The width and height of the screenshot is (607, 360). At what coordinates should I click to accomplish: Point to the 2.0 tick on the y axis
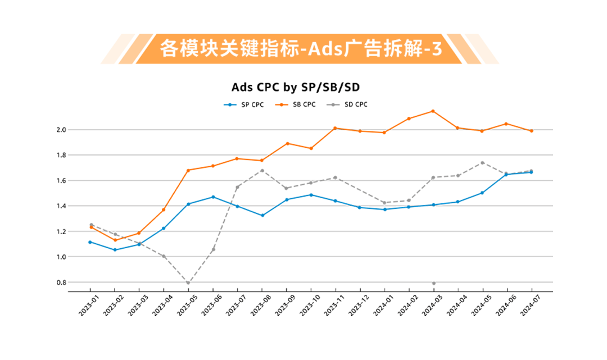(61, 130)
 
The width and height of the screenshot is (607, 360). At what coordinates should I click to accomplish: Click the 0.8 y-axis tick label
(61, 282)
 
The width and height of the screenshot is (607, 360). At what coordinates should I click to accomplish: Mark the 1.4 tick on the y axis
(61, 206)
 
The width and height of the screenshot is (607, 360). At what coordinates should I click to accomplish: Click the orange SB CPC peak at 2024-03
(433, 111)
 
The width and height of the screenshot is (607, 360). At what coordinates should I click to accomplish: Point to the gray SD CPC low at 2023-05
(188, 283)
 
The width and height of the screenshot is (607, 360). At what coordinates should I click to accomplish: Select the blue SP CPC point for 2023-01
(90, 242)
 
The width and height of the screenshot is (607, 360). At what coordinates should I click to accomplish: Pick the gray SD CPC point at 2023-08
(262, 171)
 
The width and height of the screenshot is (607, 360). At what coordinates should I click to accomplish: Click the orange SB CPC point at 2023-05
(188, 170)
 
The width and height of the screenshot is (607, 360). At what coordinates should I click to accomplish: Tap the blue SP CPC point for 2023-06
(213, 197)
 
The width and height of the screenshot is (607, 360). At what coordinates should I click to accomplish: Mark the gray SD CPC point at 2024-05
(482, 163)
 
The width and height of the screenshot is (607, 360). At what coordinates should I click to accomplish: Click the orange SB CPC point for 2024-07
(531, 131)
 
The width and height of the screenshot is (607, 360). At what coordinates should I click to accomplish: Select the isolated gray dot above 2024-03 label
(433, 283)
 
